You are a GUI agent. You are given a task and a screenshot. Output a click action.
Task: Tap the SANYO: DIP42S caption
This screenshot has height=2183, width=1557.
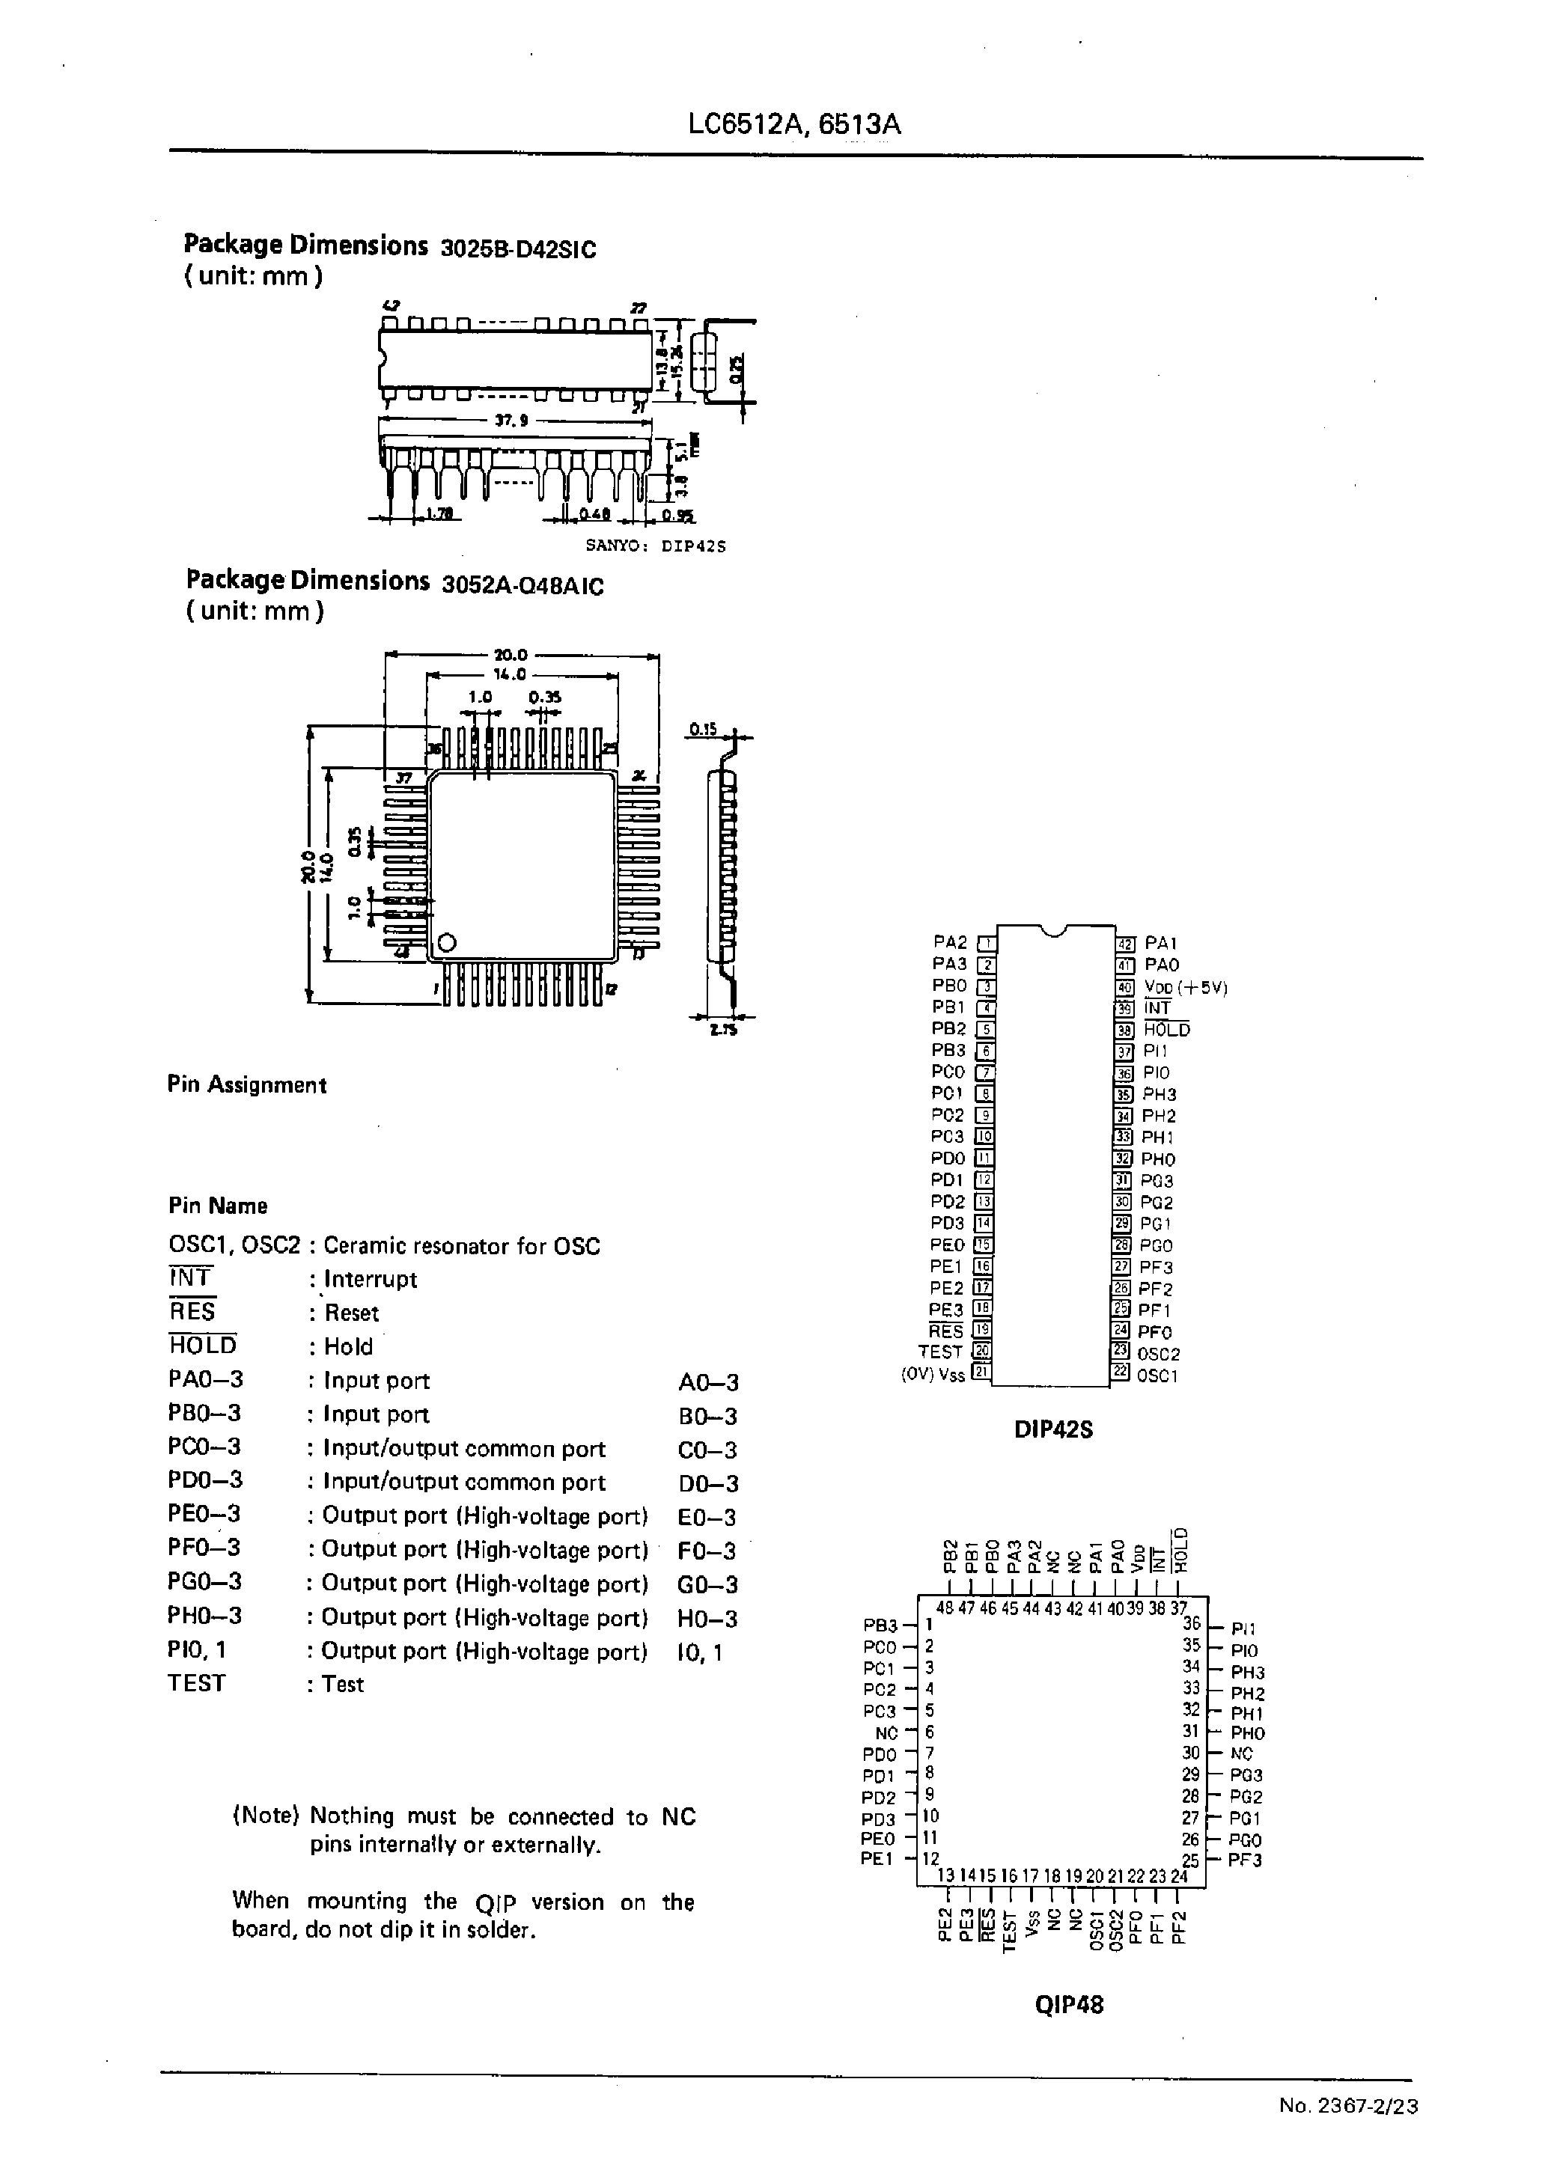(x=656, y=546)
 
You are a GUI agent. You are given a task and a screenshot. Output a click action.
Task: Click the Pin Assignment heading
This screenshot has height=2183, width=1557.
(x=246, y=1085)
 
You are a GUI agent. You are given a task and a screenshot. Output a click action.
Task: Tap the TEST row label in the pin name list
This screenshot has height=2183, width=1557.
(x=197, y=1684)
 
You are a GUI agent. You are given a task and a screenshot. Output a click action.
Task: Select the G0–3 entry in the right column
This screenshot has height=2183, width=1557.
(x=707, y=1584)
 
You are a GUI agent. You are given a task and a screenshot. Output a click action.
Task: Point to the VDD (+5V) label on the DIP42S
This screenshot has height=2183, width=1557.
(x=1185, y=987)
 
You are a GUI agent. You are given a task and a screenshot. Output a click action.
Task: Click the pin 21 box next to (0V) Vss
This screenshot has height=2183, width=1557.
(x=981, y=1373)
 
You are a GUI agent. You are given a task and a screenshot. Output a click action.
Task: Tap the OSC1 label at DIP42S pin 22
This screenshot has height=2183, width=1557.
(x=1158, y=1376)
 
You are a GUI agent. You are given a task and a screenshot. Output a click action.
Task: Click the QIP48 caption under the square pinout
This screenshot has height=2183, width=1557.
(x=1069, y=2005)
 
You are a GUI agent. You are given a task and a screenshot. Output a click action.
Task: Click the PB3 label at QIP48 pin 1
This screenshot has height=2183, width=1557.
(x=880, y=1625)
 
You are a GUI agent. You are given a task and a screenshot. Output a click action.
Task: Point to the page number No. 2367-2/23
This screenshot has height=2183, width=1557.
(x=1348, y=2107)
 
